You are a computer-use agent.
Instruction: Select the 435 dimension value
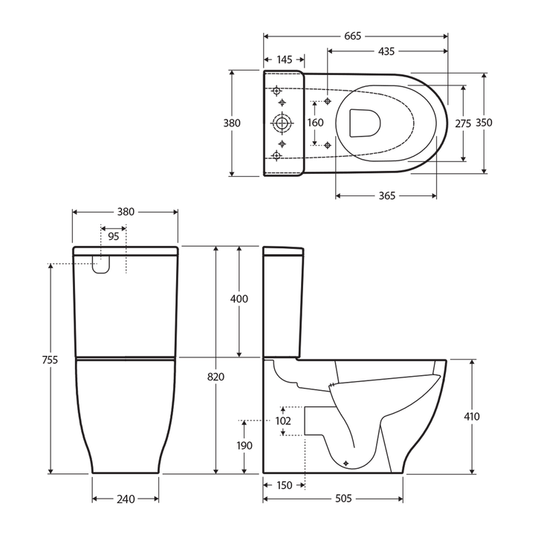point(386,51)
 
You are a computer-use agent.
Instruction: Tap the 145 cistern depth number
point(284,59)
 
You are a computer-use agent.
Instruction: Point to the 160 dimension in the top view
point(316,123)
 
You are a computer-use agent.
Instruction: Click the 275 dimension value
point(463,123)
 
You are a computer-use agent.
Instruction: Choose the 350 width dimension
point(484,123)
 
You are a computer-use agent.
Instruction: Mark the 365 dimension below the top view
point(386,196)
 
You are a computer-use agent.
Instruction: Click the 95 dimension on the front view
point(113,237)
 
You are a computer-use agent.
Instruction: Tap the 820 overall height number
point(215,377)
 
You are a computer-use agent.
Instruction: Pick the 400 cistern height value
point(239,299)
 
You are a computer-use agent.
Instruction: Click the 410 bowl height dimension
point(472,416)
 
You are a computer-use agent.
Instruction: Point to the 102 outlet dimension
point(282,421)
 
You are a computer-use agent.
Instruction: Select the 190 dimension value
point(244,446)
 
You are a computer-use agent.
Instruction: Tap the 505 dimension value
point(342,499)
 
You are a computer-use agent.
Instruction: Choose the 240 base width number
point(125,499)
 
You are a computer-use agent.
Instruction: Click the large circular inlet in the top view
point(282,123)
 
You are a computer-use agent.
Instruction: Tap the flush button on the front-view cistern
point(101,264)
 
